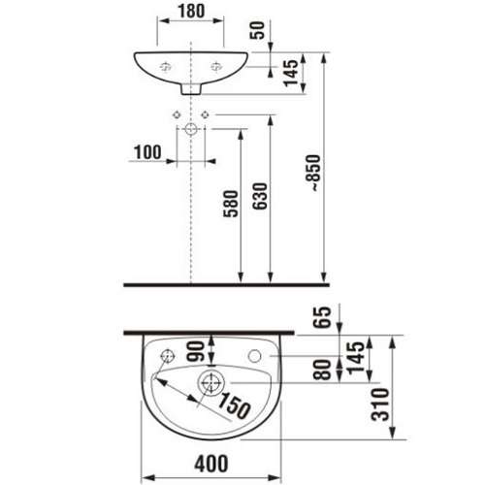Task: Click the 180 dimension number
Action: pos(191,11)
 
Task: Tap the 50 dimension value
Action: pos(258,30)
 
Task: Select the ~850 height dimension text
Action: pos(313,173)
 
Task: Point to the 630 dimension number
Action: pos(260,196)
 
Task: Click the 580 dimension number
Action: pos(231,204)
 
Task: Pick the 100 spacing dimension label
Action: pos(147,152)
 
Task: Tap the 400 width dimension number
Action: pos(211,464)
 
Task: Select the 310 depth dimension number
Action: pos(379,404)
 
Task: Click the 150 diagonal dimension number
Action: pos(234,405)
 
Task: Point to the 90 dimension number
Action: pos(197,351)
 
